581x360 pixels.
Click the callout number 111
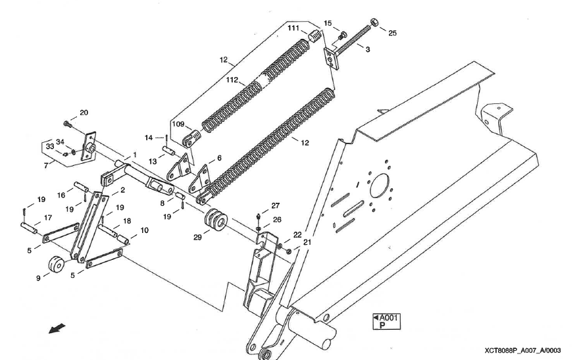[x=293, y=28]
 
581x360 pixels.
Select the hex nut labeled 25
[x=374, y=23]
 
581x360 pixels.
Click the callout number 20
[x=84, y=113]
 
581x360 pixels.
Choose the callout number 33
[x=50, y=145]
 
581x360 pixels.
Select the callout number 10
[x=144, y=230]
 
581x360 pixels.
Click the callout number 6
[x=219, y=159]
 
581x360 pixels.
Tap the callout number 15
[x=328, y=24]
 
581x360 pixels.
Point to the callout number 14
[x=149, y=137]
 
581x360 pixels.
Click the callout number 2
[x=122, y=190]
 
